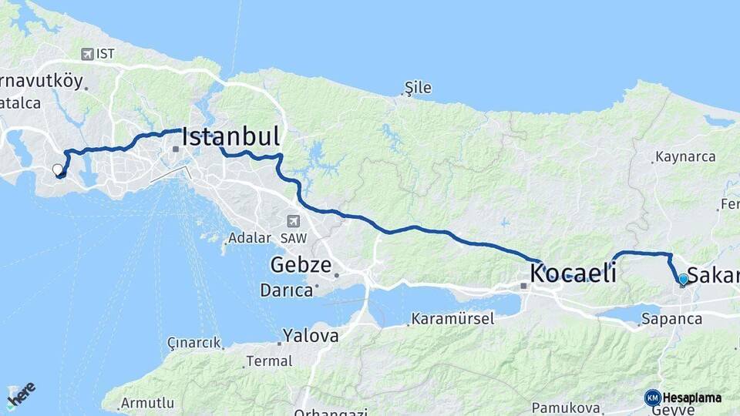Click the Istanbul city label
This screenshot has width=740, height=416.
coord(230,137)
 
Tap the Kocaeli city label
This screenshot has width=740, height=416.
coord(573,273)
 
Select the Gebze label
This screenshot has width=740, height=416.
coord(301,266)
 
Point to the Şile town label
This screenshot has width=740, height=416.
coord(418,88)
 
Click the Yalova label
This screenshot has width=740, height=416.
coord(310,336)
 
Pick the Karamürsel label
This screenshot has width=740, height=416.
coord(452,318)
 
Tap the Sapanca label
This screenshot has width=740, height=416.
coord(671,318)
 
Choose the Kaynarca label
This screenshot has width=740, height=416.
coord(684,157)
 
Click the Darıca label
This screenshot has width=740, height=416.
coord(286,290)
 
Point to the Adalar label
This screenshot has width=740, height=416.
coord(250,238)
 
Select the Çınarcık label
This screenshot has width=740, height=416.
coord(193,343)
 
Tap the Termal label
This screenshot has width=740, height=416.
coord(268,361)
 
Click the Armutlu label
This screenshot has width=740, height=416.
coord(147,402)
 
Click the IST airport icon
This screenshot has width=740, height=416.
coord(87,54)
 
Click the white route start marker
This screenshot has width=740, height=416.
coord(57,169)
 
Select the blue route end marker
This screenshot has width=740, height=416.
coord(683,279)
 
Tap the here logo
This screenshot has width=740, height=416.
coord(21,394)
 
